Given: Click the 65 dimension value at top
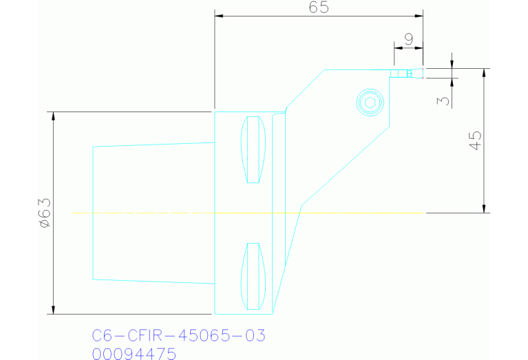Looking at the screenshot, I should pos(319,8).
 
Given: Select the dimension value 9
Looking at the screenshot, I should pos(408,39).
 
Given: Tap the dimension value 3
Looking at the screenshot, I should pos(444,100).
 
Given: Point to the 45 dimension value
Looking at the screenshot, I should pos(474,140).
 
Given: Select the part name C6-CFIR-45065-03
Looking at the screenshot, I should pos(178,336).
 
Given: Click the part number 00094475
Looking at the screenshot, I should pos(134,354).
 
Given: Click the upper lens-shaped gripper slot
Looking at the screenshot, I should pos(253,151).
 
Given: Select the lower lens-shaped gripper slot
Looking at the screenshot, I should pos(253,275).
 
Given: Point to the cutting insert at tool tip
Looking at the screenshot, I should pos(405,72).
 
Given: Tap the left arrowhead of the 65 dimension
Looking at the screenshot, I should pos(218,15).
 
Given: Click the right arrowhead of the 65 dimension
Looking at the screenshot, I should pos(419,15).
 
